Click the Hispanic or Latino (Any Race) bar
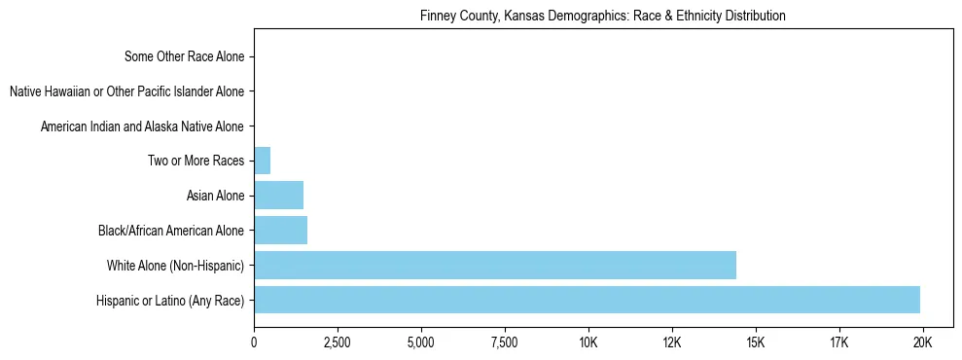587,300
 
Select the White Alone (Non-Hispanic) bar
495,265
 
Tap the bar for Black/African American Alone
280,231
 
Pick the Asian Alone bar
278,196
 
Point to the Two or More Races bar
262,161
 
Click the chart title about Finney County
603,17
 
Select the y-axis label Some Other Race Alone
185,56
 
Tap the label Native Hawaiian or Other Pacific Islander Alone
126,91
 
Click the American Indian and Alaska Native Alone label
142,126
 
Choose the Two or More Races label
196,162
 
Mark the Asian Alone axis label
215,197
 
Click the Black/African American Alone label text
171,232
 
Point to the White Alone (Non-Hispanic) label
176,266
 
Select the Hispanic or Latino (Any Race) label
170,301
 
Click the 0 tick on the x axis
254,343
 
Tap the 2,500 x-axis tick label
338,343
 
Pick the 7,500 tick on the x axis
505,343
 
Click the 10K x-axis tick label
588,343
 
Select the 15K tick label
756,343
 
